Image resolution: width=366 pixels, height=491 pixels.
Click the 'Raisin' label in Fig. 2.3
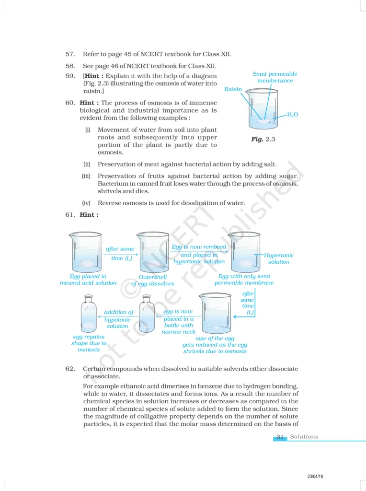(233, 89)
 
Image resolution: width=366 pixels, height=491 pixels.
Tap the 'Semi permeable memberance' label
(274, 77)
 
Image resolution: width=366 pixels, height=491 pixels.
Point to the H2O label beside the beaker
(292, 115)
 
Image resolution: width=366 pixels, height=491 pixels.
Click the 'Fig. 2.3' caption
(263, 139)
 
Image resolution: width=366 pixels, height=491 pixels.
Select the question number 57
(70, 54)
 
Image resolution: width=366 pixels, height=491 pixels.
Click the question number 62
(70, 369)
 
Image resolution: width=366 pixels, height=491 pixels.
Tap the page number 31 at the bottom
(280, 437)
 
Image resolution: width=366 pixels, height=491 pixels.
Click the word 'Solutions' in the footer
(304, 437)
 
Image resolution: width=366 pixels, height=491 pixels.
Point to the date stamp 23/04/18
(315, 476)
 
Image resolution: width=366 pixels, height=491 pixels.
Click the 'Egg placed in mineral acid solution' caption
(88, 280)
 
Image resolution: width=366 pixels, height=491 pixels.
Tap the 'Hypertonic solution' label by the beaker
(279, 258)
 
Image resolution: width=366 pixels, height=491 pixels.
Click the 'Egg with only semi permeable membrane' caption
(244, 280)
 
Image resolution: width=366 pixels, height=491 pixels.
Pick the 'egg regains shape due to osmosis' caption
(89, 343)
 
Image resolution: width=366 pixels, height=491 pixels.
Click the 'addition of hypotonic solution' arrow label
(118, 319)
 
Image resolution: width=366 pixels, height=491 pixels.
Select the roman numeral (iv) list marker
(87, 203)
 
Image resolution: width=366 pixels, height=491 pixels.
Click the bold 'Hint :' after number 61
(89, 215)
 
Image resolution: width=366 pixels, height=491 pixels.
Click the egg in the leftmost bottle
(89, 326)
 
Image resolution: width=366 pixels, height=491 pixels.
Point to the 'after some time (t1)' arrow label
(120, 254)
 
